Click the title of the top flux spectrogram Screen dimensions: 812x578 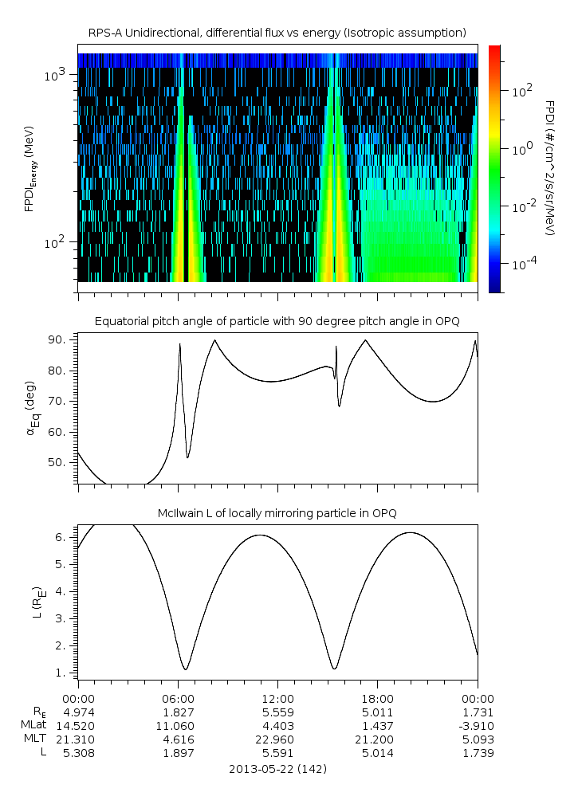[x=277, y=32]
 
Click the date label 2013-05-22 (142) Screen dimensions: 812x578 [x=277, y=769]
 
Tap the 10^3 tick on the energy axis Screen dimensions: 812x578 [x=58, y=75]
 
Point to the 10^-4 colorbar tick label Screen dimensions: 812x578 [x=524, y=263]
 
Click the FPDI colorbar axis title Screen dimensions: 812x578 [x=550, y=168]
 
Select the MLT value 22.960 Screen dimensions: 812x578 [x=277, y=739]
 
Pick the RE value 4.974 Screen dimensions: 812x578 [x=78, y=712]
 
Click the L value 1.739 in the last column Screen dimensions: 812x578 [x=478, y=752]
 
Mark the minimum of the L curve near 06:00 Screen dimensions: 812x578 [x=185, y=669]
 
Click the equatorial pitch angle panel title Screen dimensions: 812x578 [x=277, y=321]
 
